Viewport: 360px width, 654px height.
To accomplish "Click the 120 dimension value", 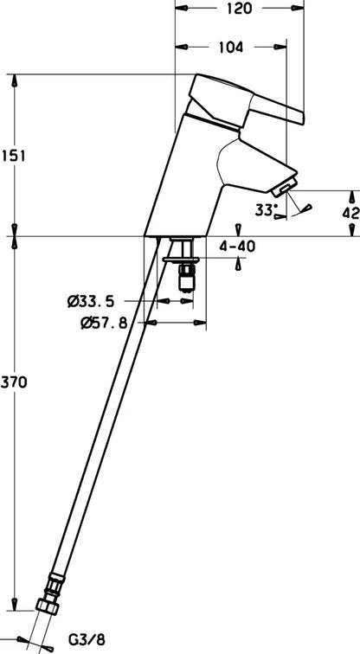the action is pyautogui.click(x=240, y=9).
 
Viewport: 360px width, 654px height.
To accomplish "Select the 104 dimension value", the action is pyautogui.click(x=231, y=47).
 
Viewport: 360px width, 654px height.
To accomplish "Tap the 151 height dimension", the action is pyautogui.click(x=13, y=156).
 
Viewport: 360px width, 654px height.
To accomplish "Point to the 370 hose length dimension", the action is pyautogui.click(x=14, y=381).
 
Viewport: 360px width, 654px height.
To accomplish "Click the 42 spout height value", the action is pyautogui.click(x=350, y=213).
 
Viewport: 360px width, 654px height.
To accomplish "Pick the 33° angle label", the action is pyautogui.click(x=267, y=209).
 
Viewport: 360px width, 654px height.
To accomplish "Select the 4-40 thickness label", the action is pyautogui.click(x=237, y=247).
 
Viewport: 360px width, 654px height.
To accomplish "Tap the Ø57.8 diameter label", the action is pyautogui.click(x=104, y=323).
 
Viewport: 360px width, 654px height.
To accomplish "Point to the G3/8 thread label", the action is pyautogui.click(x=87, y=638).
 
